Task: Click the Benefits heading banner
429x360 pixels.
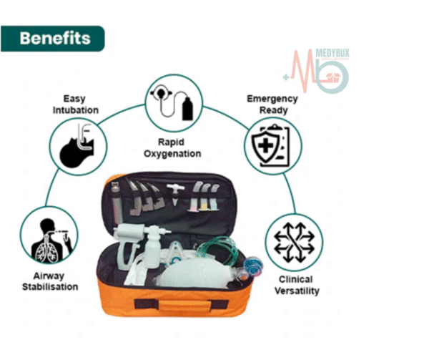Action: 52,39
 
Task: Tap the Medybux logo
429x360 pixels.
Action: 317,71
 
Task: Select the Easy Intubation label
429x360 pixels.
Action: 75,104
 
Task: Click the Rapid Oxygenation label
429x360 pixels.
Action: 172,148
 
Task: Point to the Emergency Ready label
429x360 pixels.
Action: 272,104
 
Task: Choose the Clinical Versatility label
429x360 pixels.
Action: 297,285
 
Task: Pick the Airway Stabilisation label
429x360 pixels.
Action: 50,281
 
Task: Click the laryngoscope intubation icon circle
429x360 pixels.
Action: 78,147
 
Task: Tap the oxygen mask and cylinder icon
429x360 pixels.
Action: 174,102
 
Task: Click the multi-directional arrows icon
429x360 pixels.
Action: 294,243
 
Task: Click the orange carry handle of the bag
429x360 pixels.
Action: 182,305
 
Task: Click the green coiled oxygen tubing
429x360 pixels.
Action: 217,249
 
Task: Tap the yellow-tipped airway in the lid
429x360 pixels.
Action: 204,198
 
